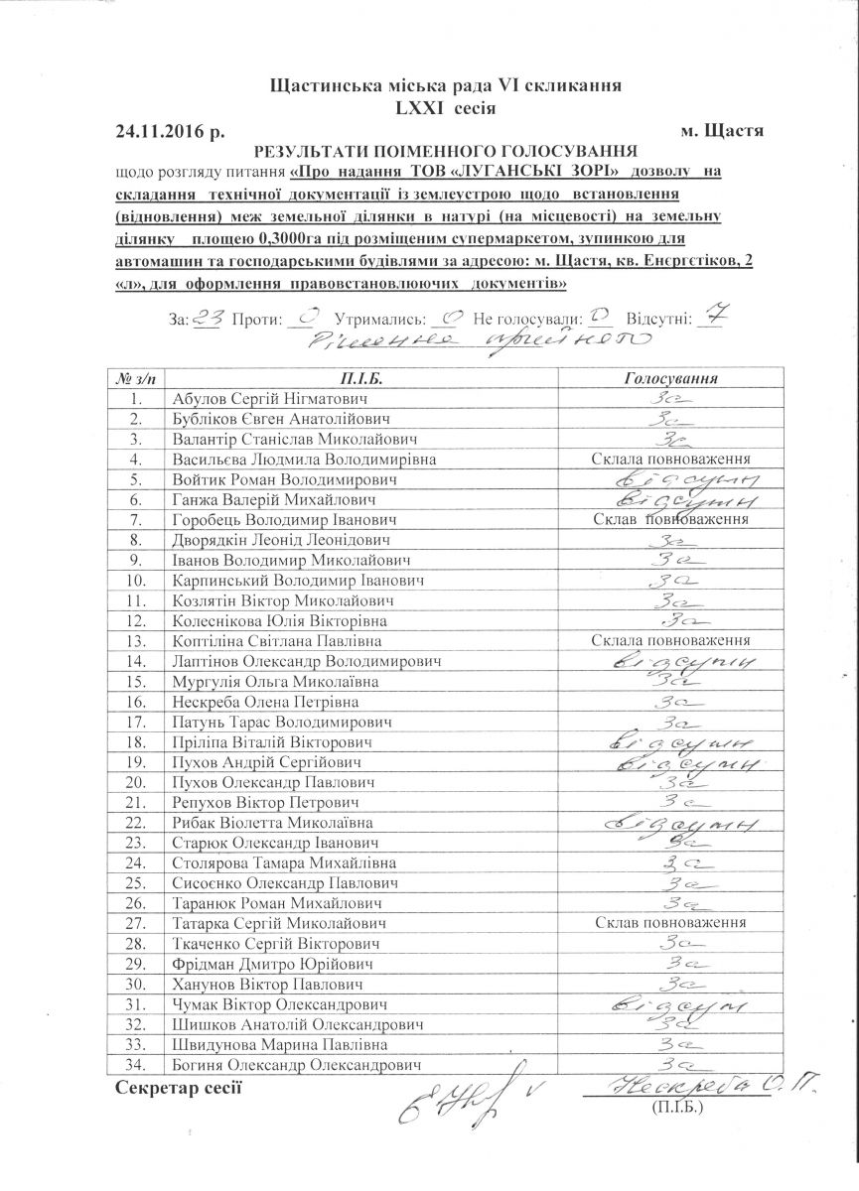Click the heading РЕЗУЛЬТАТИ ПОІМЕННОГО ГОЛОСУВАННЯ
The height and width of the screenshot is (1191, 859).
click(x=445, y=152)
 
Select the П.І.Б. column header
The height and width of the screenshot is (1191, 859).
click(x=359, y=379)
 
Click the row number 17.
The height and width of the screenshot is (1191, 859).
click(x=137, y=723)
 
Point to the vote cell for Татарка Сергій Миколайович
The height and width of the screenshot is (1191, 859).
click(x=669, y=923)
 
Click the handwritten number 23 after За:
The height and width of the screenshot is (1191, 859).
click(x=208, y=318)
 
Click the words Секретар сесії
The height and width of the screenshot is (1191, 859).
click(x=179, y=1089)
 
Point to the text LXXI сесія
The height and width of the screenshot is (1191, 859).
click(x=444, y=108)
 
